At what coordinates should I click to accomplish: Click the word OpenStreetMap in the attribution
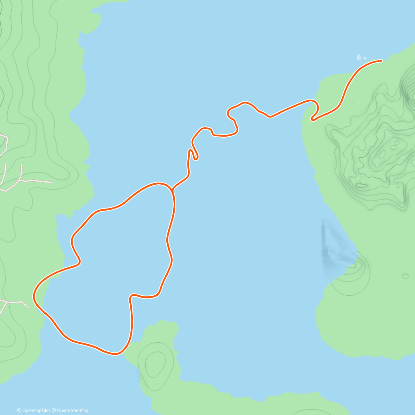(x=73, y=411)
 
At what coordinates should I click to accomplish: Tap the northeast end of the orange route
(x=381, y=61)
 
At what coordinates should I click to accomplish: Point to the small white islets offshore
(x=360, y=57)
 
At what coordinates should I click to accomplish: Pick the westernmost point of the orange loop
(x=34, y=296)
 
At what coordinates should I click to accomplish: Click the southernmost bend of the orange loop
(x=116, y=354)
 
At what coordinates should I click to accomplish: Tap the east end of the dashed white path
(x=51, y=182)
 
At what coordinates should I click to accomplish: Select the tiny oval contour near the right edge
(x=405, y=276)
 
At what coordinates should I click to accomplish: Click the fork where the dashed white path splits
(x=21, y=180)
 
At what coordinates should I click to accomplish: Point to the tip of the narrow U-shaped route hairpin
(x=196, y=158)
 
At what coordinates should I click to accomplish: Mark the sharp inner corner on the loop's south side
(x=131, y=296)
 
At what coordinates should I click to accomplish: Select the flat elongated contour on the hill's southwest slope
(x=361, y=185)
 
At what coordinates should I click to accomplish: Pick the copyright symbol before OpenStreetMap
(x=54, y=411)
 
